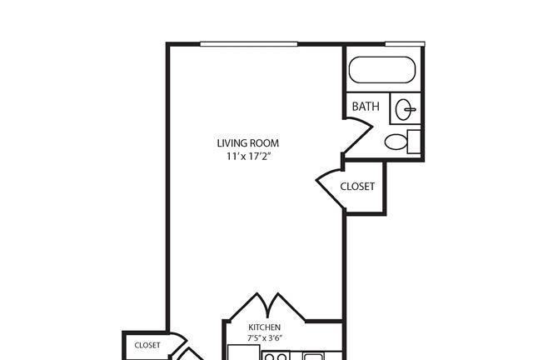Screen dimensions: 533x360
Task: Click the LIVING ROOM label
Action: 248,143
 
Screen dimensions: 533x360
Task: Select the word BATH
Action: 366,107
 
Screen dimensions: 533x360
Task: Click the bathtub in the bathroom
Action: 382,70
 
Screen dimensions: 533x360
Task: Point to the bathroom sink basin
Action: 403,109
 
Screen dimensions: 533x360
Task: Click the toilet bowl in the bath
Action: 396,142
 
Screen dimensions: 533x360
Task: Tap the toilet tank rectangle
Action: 414,142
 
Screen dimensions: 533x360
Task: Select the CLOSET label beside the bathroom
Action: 357,187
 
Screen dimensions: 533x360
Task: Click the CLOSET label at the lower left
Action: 147,345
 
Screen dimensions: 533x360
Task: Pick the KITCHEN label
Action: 265,327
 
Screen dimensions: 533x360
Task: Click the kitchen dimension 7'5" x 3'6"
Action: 265,338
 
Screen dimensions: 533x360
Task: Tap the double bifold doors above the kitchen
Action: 267,305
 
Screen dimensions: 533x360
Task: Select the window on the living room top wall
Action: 249,44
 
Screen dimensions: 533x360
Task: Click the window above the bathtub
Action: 405,44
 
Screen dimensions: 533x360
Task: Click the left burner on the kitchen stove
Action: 269,357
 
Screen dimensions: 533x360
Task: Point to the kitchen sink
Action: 313,357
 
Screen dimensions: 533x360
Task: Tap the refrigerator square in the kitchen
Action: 244,352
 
